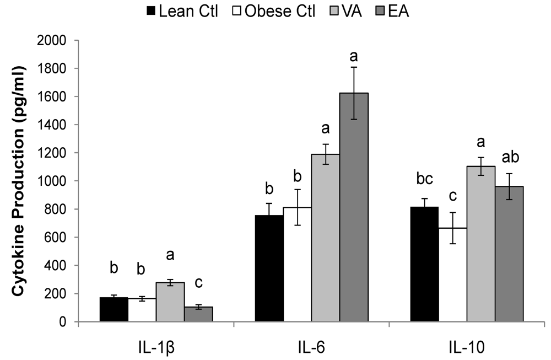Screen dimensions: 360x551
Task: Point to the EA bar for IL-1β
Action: (198, 314)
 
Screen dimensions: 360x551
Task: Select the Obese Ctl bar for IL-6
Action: (297, 265)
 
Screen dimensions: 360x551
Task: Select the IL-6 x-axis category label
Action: (311, 347)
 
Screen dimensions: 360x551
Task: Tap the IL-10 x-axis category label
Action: (467, 347)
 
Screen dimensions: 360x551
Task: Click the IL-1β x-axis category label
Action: (156, 347)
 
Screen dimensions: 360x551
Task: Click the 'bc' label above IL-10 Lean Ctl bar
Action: (424, 180)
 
